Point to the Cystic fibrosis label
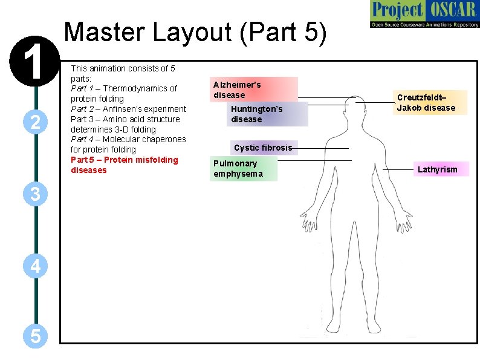coord(263,148)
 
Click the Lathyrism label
coord(438,169)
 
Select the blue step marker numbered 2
coord(35,123)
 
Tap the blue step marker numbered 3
coord(35,194)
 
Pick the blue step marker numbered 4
coord(35,266)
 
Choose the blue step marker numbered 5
coord(35,335)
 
